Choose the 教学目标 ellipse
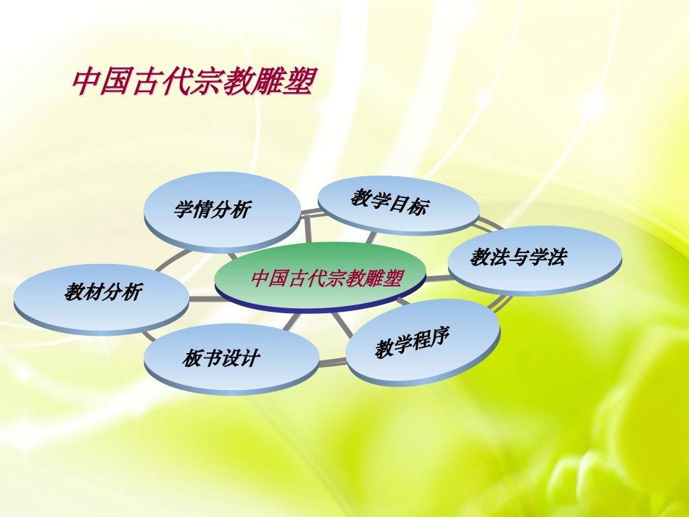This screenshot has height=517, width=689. (397, 204)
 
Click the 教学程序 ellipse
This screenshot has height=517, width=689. (423, 341)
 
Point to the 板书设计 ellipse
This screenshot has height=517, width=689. (231, 358)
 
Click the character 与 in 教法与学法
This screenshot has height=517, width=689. (518, 257)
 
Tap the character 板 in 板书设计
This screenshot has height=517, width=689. (192, 358)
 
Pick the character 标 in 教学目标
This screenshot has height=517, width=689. (418, 207)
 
